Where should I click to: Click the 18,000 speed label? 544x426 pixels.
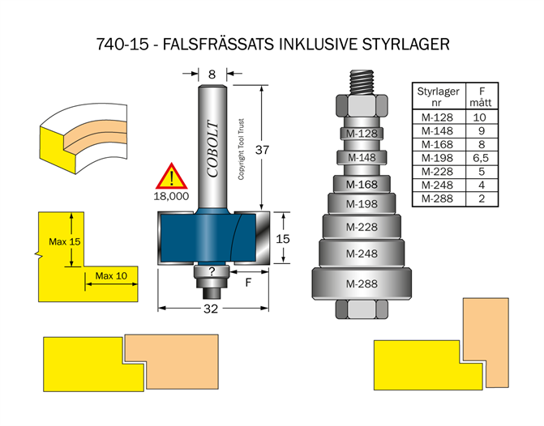pos(172,195)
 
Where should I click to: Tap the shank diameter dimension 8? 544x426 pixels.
pos(212,74)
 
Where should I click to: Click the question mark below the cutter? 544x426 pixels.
pos(212,272)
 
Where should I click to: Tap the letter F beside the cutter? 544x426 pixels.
pos(248,283)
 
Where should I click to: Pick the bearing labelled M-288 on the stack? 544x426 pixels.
pos(362,284)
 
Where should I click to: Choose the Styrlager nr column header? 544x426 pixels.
pos(438,96)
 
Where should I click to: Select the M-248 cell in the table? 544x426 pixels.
pos(438,185)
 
